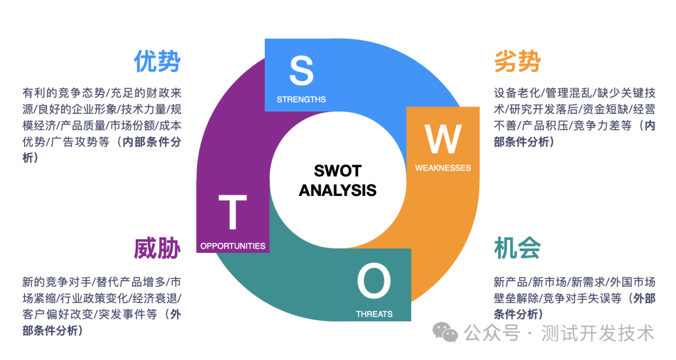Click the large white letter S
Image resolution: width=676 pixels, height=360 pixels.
click(x=301, y=71)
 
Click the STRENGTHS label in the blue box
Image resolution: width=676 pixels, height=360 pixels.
click(x=301, y=100)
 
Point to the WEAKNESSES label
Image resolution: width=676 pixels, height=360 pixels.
click(x=443, y=168)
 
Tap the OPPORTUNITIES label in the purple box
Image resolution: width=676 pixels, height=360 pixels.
click(x=233, y=246)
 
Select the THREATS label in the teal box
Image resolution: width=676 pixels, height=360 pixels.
click(x=374, y=314)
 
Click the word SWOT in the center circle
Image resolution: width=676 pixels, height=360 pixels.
click(x=337, y=171)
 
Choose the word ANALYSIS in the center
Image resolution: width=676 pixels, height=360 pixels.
click(x=337, y=190)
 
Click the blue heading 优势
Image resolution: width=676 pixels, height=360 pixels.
click(x=156, y=62)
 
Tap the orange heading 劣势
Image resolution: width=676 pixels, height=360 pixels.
click(x=517, y=62)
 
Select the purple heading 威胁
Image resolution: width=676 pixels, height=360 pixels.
click(x=156, y=249)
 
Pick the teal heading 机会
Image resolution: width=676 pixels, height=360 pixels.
click(x=517, y=249)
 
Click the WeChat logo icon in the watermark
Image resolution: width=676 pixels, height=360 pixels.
click(x=447, y=332)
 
